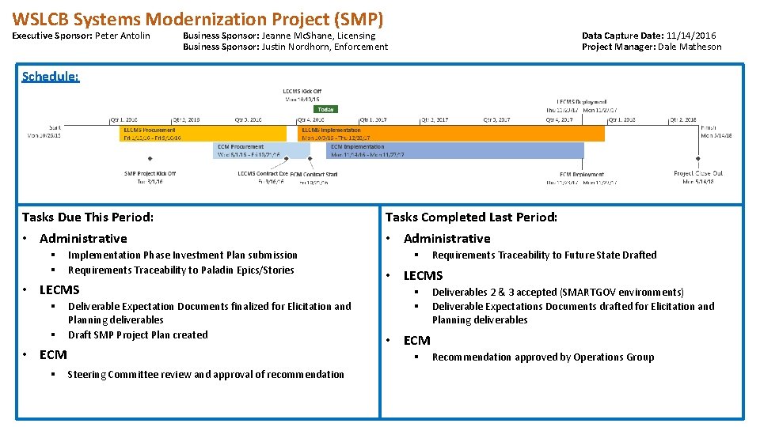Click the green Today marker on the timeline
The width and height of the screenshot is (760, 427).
tap(327, 110)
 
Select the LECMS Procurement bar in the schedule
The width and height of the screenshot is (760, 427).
tap(204, 134)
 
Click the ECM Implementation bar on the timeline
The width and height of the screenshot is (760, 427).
tap(455, 150)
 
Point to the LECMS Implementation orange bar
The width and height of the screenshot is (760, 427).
tap(451, 134)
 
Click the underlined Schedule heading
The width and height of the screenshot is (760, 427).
tap(51, 77)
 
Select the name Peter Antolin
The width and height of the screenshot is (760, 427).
tap(123, 36)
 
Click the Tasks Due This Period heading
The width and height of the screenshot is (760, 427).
tap(88, 217)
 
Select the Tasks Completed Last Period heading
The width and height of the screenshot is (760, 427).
tap(471, 217)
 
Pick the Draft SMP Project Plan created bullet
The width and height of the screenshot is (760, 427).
tap(138, 334)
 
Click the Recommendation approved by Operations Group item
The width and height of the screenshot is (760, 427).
tap(543, 357)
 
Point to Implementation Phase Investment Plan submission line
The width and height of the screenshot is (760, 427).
tap(183, 255)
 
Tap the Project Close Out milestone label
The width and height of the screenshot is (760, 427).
tap(697, 173)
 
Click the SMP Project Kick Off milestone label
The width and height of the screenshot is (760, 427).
tap(150, 173)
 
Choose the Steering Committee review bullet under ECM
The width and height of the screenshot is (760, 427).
tap(206, 375)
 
